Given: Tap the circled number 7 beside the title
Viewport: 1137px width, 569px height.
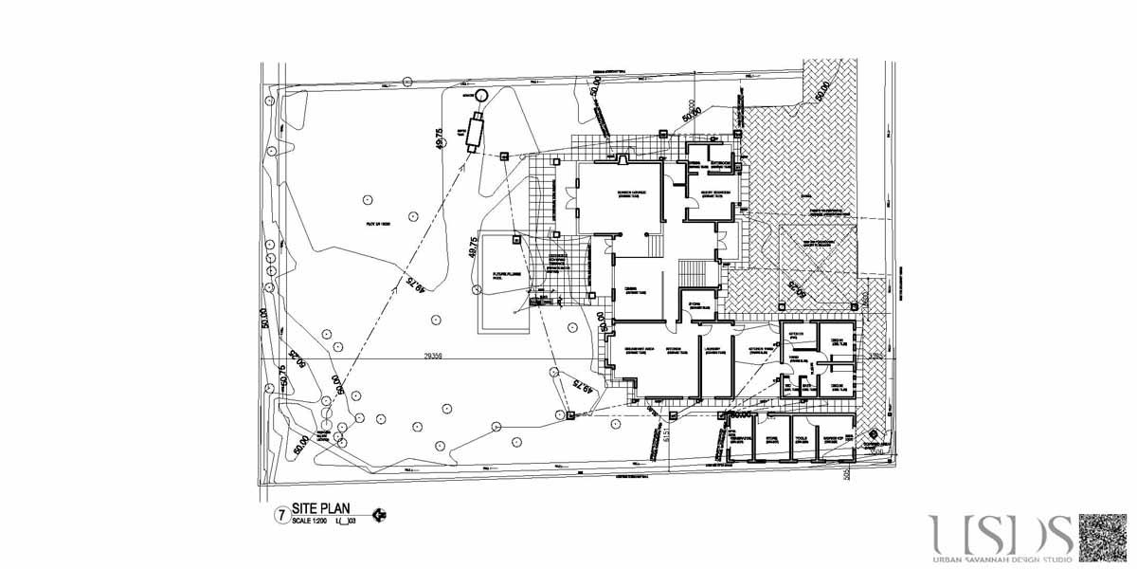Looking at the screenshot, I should pyautogui.click(x=280, y=516).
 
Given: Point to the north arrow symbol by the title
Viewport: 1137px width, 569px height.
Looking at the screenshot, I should pyautogui.click(x=380, y=515).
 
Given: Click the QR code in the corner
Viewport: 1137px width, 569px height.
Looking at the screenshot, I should pyautogui.click(x=1105, y=538).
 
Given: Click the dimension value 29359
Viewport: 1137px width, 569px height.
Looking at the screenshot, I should pyautogui.click(x=433, y=357).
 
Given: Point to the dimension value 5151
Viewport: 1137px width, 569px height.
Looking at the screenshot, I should pyautogui.click(x=668, y=434).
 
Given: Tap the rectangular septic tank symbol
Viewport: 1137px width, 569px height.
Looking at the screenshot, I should pyautogui.click(x=475, y=130).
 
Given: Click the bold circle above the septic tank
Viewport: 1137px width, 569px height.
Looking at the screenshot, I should pyautogui.click(x=480, y=95).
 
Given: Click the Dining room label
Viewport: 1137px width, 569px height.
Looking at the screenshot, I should pyautogui.click(x=629, y=292).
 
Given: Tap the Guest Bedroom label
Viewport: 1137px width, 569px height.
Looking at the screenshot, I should pyautogui.click(x=714, y=193).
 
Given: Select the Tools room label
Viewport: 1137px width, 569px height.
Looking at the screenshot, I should pyautogui.click(x=803, y=438).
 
